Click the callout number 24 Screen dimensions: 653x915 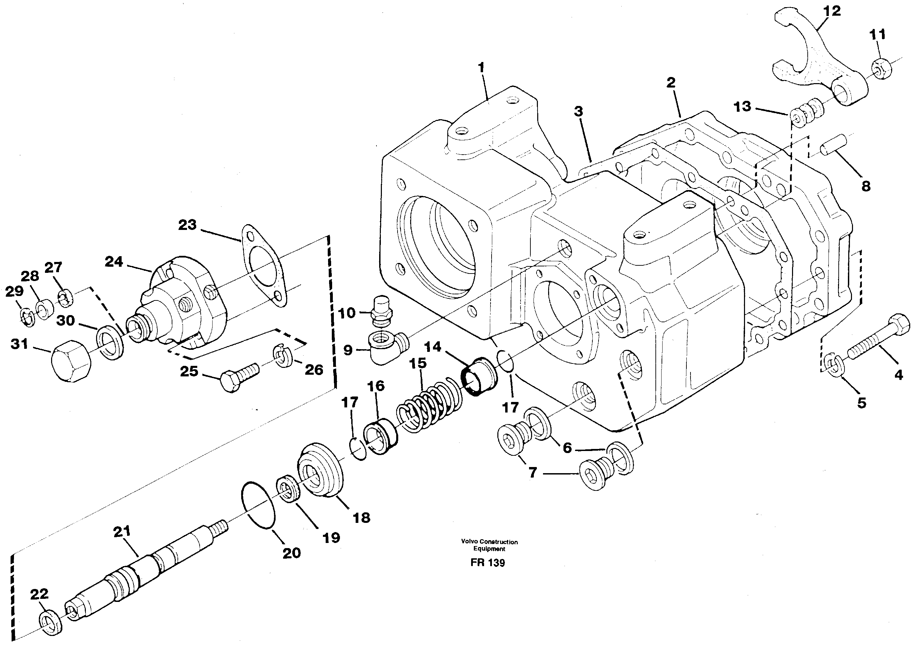[x=114, y=262]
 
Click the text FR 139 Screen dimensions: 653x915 [x=488, y=562]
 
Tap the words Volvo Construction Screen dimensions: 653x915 [x=489, y=542]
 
